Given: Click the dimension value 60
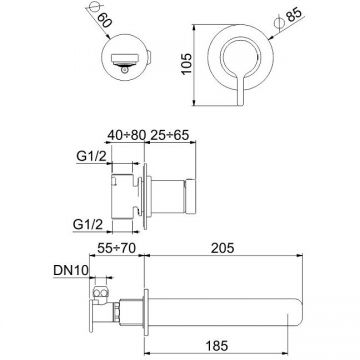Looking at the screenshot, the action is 105,21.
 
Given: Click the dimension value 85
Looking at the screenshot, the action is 294,15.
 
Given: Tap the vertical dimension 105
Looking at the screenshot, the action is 187,64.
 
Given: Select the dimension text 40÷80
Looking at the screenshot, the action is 127,135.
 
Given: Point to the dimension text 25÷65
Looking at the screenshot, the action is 170,135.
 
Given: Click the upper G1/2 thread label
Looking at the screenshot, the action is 91,157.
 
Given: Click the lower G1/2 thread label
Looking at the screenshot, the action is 87,224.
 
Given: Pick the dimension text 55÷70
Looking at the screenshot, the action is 117,248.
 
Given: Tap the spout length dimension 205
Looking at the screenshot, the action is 223,248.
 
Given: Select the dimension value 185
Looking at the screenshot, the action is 216,346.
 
